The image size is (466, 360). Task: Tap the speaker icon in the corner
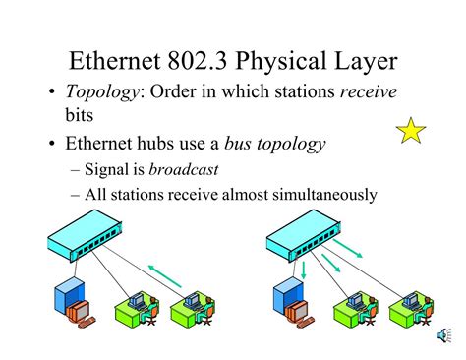(444, 337)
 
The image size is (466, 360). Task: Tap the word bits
(82, 116)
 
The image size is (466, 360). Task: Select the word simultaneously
(320, 195)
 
